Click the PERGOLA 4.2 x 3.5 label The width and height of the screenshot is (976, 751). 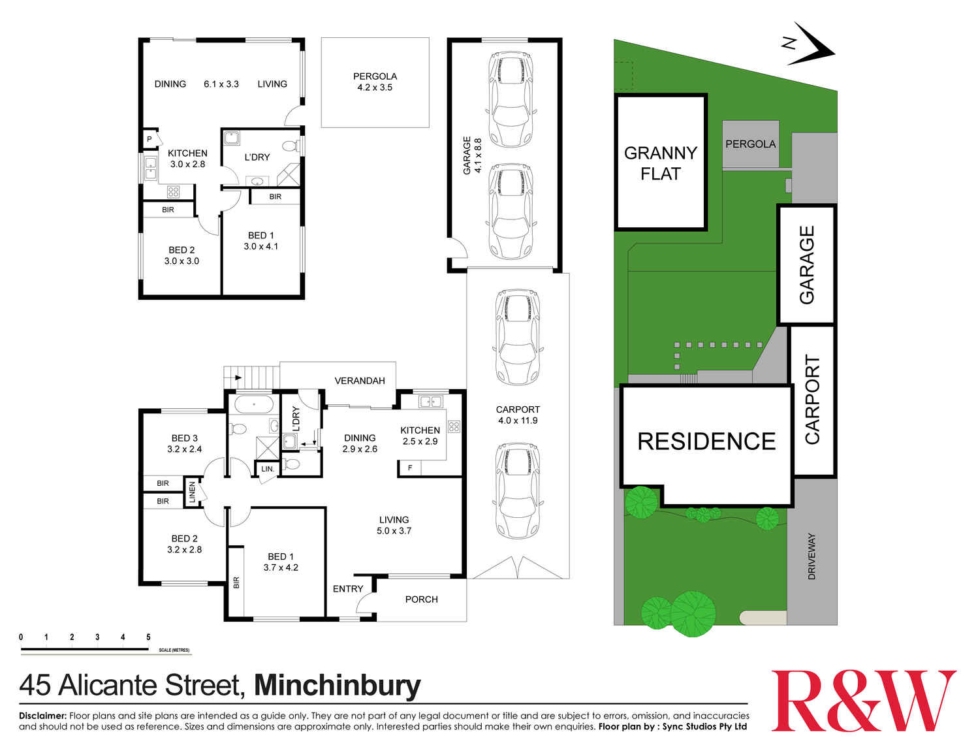[x=375, y=82]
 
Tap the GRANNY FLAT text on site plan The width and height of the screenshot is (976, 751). [x=661, y=163]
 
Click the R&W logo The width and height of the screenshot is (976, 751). [x=863, y=701]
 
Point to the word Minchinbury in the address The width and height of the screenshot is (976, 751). [x=337, y=686]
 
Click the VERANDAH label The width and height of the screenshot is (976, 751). [x=360, y=381]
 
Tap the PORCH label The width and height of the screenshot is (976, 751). [x=421, y=599]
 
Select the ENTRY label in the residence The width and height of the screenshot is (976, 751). [x=348, y=588]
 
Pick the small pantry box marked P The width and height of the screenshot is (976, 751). [x=150, y=139]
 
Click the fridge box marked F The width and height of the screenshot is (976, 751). [x=410, y=468]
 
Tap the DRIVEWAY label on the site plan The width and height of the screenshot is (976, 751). [x=812, y=556]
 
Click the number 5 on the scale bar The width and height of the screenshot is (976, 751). [x=148, y=637]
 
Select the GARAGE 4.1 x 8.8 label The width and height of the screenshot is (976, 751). [x=472, y=155]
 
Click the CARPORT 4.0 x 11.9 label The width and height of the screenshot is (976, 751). [x=518, y=415]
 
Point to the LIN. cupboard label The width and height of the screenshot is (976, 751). [x=268, y=469]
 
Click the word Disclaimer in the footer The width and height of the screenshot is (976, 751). [x=42, y=716]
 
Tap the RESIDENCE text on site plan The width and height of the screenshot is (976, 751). [x=706, y=441]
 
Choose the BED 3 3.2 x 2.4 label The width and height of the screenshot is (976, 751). [x=185, y=443]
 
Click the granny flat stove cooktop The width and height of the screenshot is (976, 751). [x=173, y=191]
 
